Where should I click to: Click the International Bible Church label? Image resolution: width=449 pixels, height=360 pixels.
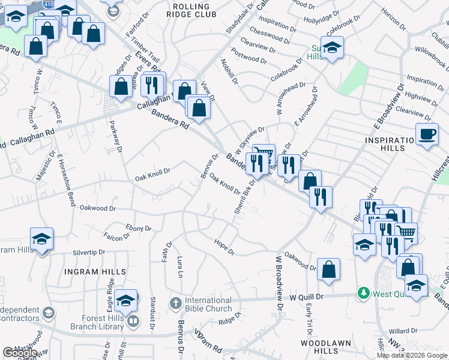coord(208,304)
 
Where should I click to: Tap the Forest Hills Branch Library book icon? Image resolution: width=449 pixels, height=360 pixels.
coord(133,322)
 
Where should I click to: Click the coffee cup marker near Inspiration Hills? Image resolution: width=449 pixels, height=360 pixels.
coord(427,134)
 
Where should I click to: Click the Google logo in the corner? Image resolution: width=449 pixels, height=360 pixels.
coord(20,353)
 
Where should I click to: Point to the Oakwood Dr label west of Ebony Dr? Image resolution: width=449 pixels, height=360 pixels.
coord(97,208)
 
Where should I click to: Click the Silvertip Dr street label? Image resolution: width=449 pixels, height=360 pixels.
coord(88,253)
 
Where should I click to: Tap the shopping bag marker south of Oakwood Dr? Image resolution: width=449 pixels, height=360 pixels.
coord(329,269)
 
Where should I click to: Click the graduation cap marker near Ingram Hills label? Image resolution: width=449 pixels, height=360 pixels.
coord(41,239)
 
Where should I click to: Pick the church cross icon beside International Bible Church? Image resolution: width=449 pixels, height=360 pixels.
coord(175,301)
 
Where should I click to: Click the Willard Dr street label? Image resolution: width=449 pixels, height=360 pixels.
coord(402,331)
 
